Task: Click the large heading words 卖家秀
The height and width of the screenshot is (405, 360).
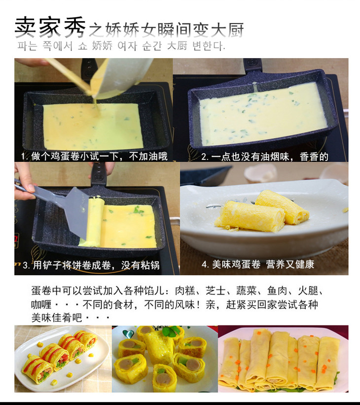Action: [50, 28]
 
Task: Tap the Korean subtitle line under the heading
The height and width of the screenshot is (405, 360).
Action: [121, 46]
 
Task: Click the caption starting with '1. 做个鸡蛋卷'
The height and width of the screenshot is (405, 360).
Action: [94, 156]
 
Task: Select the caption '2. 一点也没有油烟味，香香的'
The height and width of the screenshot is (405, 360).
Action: [265, 157]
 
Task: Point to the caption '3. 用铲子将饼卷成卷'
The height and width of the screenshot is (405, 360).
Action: [91, 265]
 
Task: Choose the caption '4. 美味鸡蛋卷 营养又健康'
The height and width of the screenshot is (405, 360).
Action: [258, 264]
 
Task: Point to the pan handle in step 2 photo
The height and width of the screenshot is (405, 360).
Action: [252, 65]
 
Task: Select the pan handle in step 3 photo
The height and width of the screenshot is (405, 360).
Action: [99, 174]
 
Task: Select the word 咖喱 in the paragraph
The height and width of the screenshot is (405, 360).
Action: [41, 304]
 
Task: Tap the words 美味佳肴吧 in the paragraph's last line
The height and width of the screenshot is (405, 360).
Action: [57, 318]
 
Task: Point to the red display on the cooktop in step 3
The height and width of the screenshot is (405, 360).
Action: [16, 239]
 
